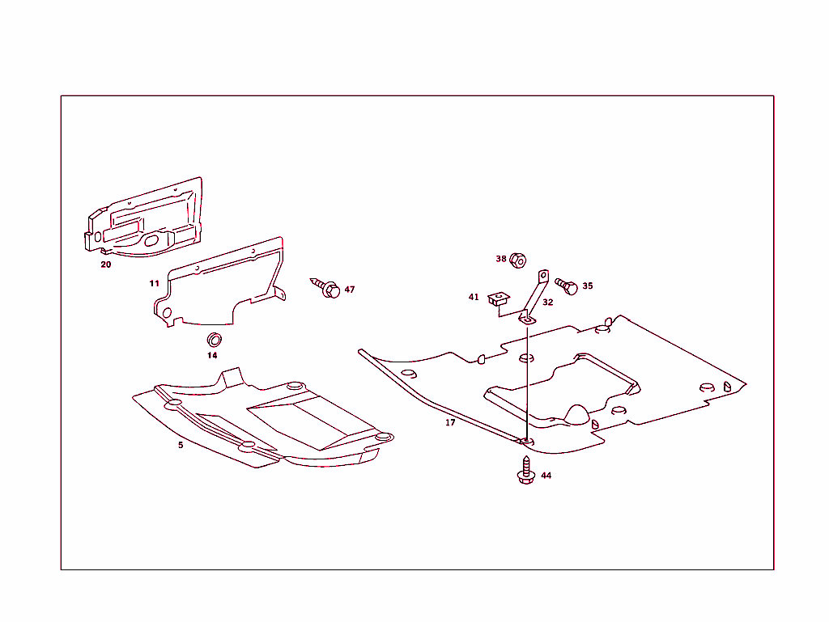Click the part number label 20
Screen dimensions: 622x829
pos(106,264)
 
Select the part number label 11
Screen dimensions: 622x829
pos(154,283)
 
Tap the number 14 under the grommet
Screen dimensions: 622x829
pos(212,355)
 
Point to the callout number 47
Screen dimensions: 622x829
pos(350,290)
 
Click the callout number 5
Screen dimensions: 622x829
pos(181,445)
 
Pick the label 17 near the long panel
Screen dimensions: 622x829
pos(450,422)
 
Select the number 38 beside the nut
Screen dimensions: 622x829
pos(501,259)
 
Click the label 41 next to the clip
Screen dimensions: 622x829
pos(474,297)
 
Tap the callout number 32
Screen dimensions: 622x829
pos(548,303)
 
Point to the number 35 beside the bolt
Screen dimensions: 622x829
pos(588,286)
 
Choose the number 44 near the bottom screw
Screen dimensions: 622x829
pos(546,476)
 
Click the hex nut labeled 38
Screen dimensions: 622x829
pos(520,260)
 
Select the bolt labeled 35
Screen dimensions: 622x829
pos(566,286)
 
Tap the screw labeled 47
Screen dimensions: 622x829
pos(326,288)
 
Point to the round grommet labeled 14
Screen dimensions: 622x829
pos(215,338)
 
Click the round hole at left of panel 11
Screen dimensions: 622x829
pos(167,313)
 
